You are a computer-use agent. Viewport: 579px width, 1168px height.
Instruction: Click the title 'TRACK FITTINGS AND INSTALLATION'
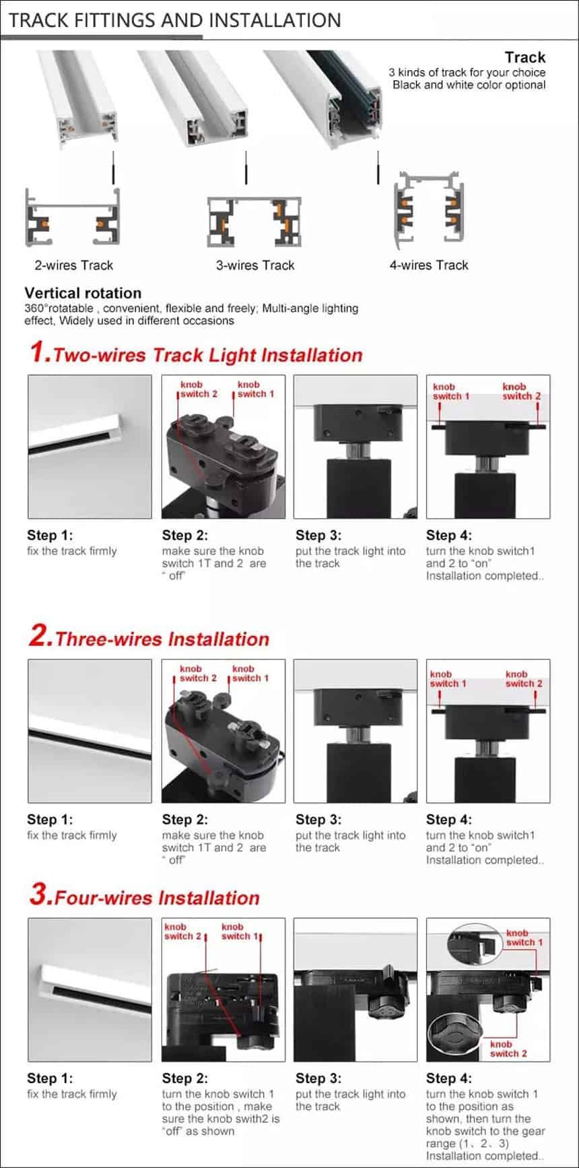tap(175, 20)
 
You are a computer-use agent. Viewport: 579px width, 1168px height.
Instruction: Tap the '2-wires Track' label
tap(74, 265)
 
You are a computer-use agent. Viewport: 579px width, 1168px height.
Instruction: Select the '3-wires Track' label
tap(255, 265)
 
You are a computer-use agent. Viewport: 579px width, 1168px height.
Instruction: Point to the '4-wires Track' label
tap(429, 265)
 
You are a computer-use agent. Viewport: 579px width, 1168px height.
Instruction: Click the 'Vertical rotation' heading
tap(83, 293)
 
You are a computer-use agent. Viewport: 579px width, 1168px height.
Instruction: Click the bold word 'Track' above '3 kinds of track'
tap(525, 57)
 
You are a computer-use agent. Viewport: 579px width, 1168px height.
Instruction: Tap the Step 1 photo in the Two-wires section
tap(90, 447)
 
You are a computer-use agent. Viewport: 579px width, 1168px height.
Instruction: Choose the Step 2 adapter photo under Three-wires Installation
tap(224, 731)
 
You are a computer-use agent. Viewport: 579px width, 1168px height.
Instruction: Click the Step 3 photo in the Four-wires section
tap(355, 989)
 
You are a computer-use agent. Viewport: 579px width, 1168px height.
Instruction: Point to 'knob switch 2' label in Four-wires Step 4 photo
tap(508, 1049)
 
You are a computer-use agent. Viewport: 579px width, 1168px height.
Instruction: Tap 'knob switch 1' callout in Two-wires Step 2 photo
tap(255, 389)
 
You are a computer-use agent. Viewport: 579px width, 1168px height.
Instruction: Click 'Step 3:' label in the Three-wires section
tap(318, 820)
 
